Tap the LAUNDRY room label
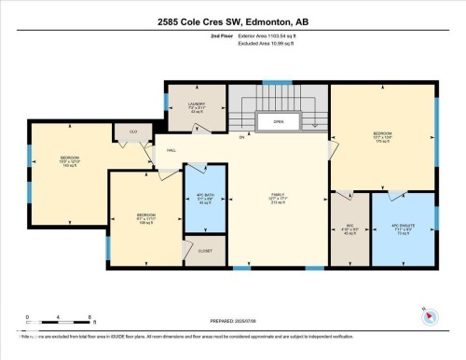[x=196, y=106]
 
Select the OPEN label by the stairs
[x=278, y=122]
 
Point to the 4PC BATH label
[x=205, y=198]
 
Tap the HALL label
[x=172, y=150]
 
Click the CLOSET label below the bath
[x=205, y=250]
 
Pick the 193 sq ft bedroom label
[x=70, y=159]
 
